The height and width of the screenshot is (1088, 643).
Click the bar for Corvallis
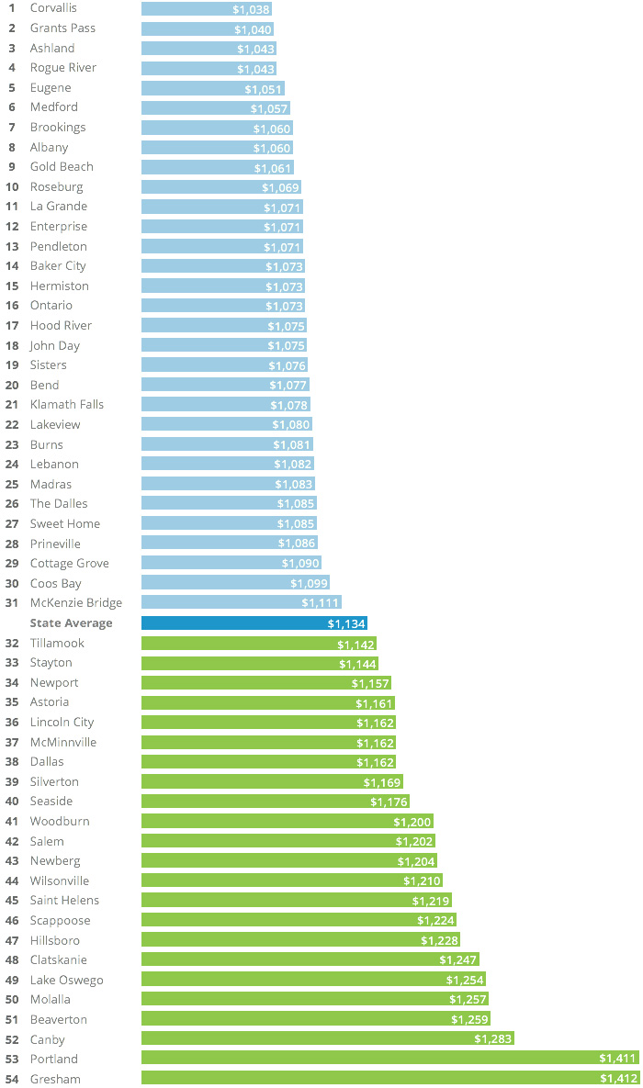207,8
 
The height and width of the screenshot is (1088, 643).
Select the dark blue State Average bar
254,623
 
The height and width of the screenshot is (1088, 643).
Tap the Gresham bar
389,1079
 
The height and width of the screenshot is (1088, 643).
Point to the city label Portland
54,1059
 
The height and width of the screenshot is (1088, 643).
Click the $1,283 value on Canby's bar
492,1039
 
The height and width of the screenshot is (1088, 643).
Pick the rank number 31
12,603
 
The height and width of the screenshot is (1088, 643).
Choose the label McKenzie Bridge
76,603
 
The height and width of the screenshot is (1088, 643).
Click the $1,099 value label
308,584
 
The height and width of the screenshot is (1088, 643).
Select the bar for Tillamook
258,644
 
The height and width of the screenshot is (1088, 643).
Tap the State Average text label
72,623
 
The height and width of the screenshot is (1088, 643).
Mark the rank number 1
11,8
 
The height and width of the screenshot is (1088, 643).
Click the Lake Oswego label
67,980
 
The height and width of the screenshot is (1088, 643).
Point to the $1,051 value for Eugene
263,88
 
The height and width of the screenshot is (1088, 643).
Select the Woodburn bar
287,822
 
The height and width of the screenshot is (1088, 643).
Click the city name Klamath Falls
67,405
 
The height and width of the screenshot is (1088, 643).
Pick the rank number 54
12,1079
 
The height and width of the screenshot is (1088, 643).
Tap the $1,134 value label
345,623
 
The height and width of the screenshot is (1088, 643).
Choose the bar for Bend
225,386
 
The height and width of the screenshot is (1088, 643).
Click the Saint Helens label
64,901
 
